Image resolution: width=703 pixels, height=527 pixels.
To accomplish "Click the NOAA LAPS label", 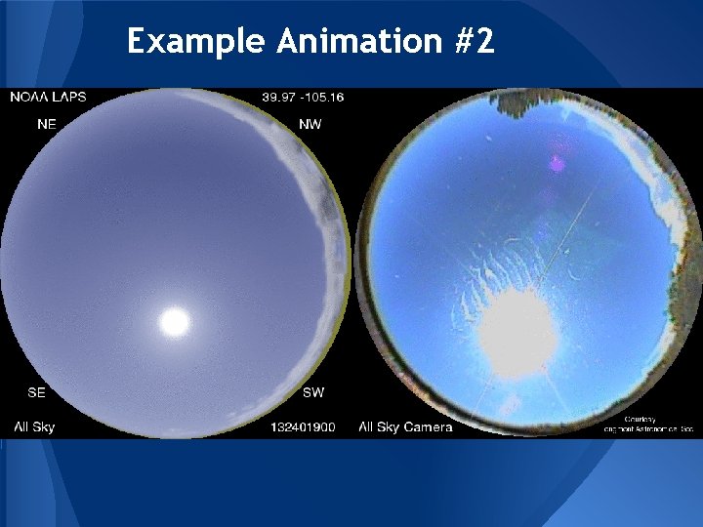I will tap(50, 97).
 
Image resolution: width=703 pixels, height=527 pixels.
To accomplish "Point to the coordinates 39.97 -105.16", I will tap(303, 97).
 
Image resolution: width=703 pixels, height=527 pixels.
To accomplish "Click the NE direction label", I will tap(46, 124).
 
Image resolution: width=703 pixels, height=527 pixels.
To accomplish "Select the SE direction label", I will tap(36, 392).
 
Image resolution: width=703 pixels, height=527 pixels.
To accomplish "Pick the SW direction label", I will tap(313, 392).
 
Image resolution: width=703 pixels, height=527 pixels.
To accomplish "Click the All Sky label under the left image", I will tap(34, 426).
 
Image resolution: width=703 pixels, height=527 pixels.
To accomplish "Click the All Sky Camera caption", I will tap(405, 426).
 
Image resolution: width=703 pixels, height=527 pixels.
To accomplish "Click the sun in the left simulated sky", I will tap(175, 321).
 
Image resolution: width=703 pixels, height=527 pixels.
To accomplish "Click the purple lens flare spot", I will tap(558, 163).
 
